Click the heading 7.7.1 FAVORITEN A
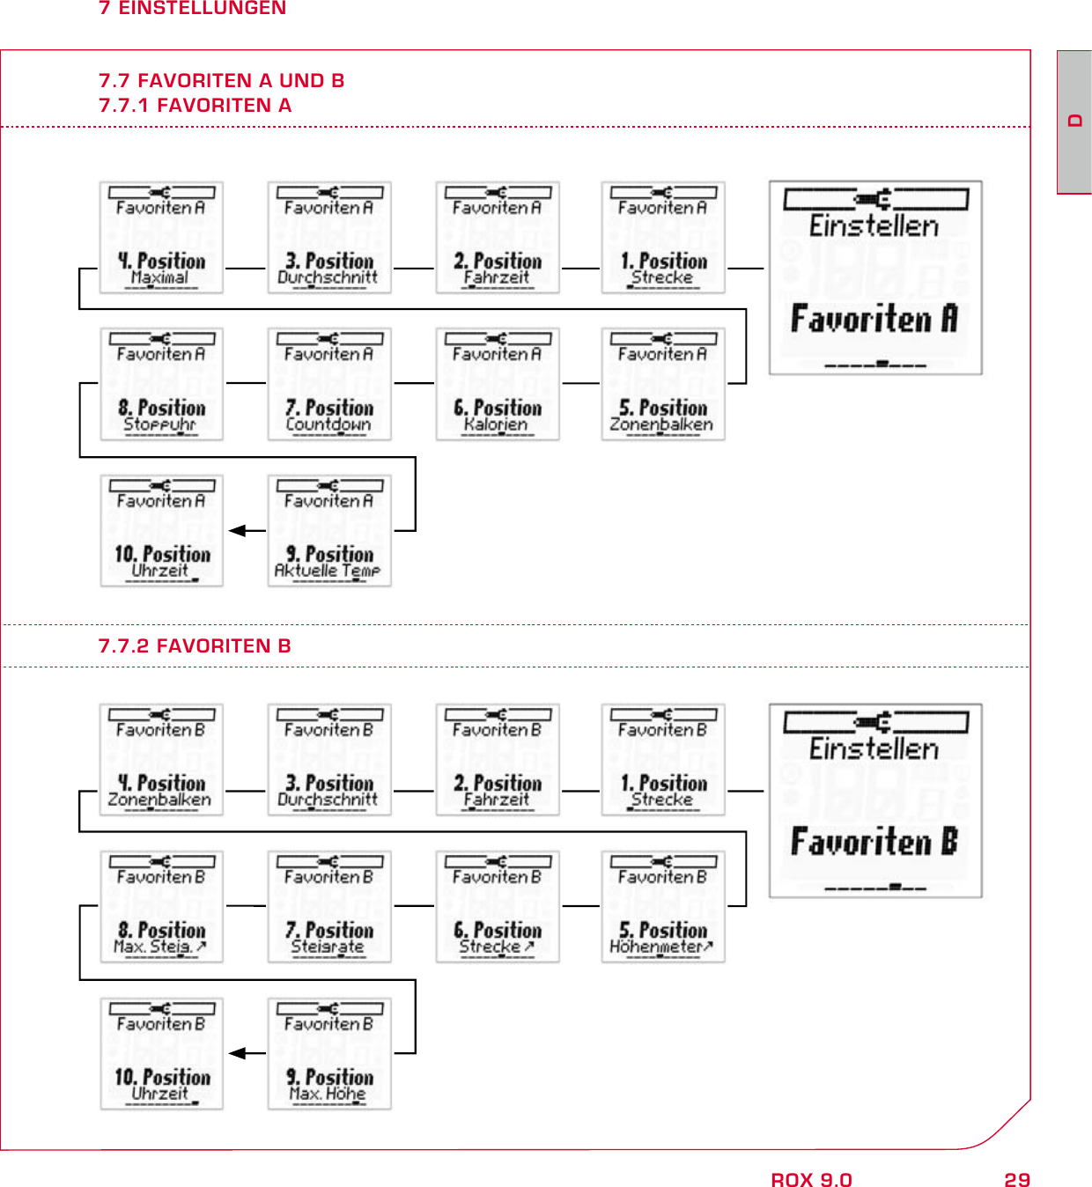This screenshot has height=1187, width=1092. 195,106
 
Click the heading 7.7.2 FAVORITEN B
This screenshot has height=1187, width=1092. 195,646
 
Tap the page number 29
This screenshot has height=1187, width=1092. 1017,1180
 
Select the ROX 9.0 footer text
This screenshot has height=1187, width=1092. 811,1180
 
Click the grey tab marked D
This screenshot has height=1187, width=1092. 1074,122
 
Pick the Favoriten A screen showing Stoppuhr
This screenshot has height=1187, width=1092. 161,384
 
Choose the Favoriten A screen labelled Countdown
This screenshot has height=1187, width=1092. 329,384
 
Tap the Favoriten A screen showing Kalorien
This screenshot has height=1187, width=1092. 498,384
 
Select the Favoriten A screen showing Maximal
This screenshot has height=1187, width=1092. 161,238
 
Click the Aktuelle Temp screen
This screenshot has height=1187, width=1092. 329,531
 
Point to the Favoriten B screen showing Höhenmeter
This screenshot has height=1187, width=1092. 663,907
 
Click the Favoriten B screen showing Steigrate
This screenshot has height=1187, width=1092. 329,907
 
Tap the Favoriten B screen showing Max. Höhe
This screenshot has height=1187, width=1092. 329,1054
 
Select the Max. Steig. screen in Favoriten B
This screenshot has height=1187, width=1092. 161,907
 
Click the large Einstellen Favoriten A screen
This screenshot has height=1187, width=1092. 875,278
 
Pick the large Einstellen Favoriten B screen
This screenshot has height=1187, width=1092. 875,801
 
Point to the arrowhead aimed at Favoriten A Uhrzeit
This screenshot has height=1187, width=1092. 237,531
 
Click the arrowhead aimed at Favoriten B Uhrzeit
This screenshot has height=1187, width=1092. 237,1053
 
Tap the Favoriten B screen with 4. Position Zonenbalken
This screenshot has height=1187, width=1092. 161,760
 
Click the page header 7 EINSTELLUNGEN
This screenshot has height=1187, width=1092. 192,8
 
